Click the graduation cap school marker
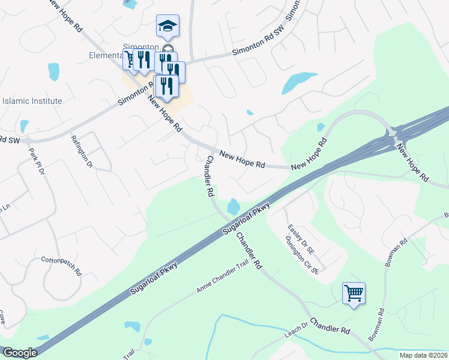tap(167, 26)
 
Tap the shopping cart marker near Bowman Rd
tap(354, 293)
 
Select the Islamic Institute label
tap(32, 101)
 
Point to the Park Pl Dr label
tap(37, 161)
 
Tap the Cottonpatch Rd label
tap(61, 265)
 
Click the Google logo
tap(20, 353)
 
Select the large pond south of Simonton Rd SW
tap(298, 82)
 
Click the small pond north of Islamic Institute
tap(53, 72)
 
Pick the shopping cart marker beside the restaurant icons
tap(130, 59)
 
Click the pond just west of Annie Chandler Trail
tap(131, 327)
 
